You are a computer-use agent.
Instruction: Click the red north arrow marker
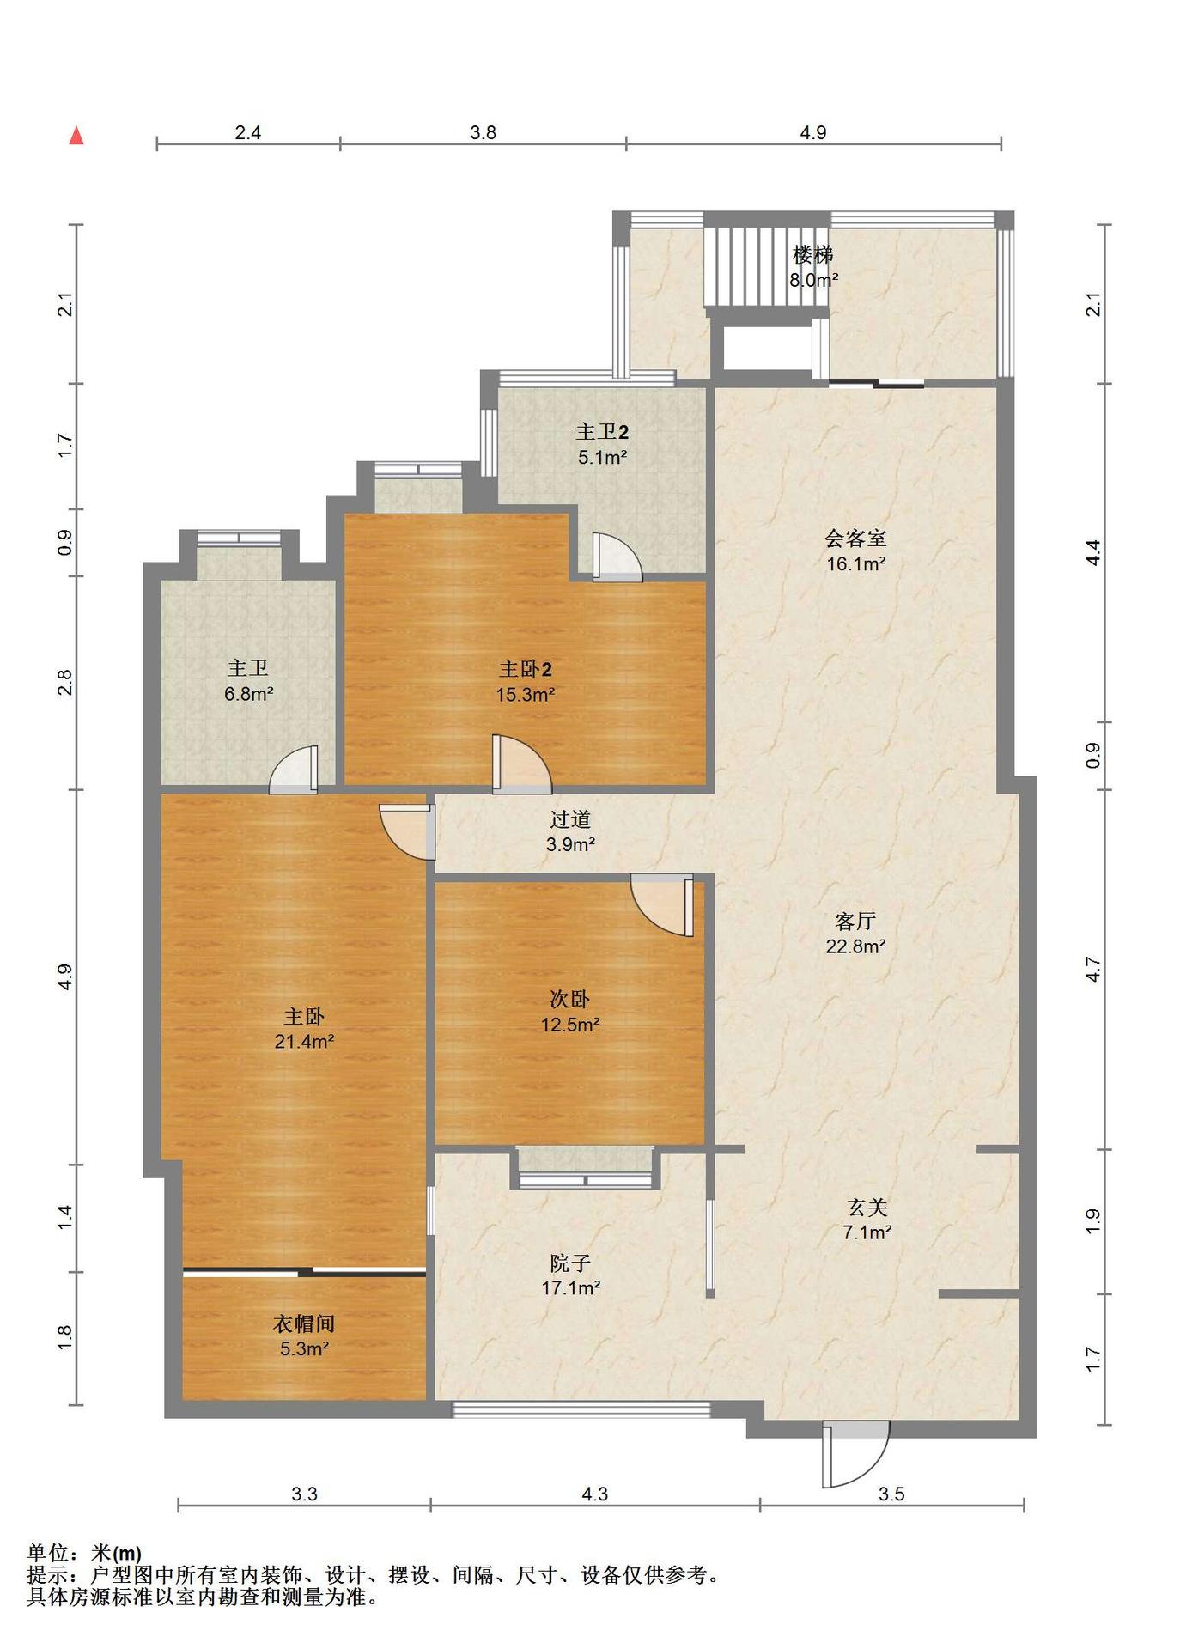(x=76, y=135)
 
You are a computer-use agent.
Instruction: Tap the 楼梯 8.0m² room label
(x=813, y=266)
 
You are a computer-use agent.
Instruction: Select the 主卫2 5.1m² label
(x=602, y=444)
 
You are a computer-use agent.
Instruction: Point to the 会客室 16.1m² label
(x=855, y=551)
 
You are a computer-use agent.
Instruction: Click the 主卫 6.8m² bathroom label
(x=248, y=680)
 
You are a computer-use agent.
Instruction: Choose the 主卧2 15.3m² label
(x=525, y=681)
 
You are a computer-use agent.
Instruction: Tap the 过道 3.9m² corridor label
(x=570, y=831)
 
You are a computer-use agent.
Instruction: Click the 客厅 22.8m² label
(x=855, y=934)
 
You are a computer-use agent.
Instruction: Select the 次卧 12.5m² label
(x=569, y=1012)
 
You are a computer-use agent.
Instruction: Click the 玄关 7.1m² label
(x=867, y=1220)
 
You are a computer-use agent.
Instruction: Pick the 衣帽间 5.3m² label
(x=304, y=1336)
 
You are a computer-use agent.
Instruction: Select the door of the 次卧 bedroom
(x=663, y=905)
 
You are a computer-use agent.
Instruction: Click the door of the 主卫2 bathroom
(x=616, y=557)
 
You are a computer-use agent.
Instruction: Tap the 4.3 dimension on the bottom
(x=594, y=1494)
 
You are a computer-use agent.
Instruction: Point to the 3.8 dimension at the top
(x=484, y=132)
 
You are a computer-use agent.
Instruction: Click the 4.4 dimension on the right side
(x=1092, y=551)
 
